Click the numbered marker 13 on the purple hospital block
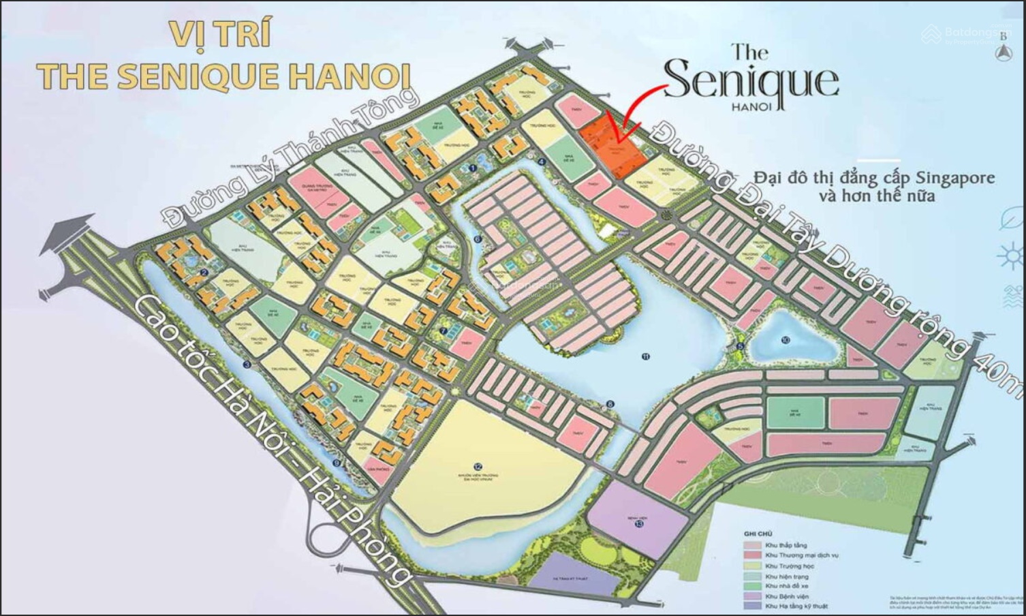pyautogui.click(x=638, y=524)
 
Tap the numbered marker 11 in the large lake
pyautogui.click(x=645, y=356)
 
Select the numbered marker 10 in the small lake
pyautogui.click(x=786, y=339)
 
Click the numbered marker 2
pyautogui.click(x=204, y=274)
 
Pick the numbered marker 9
pyautogui.click(x=336, y=463)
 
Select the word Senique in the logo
pyautogui.click(x=750, y=81)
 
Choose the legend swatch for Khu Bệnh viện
pyautogui.click(x=752, y=596)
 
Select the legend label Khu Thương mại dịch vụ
pyautogui.click(x=802, y=555)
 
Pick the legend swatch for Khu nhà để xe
pyautogui.click(x=752, y=585)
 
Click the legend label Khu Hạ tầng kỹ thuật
pyautogui.click(x=796, y=606)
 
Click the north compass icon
pyautogui.click(x=1004, y=53)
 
